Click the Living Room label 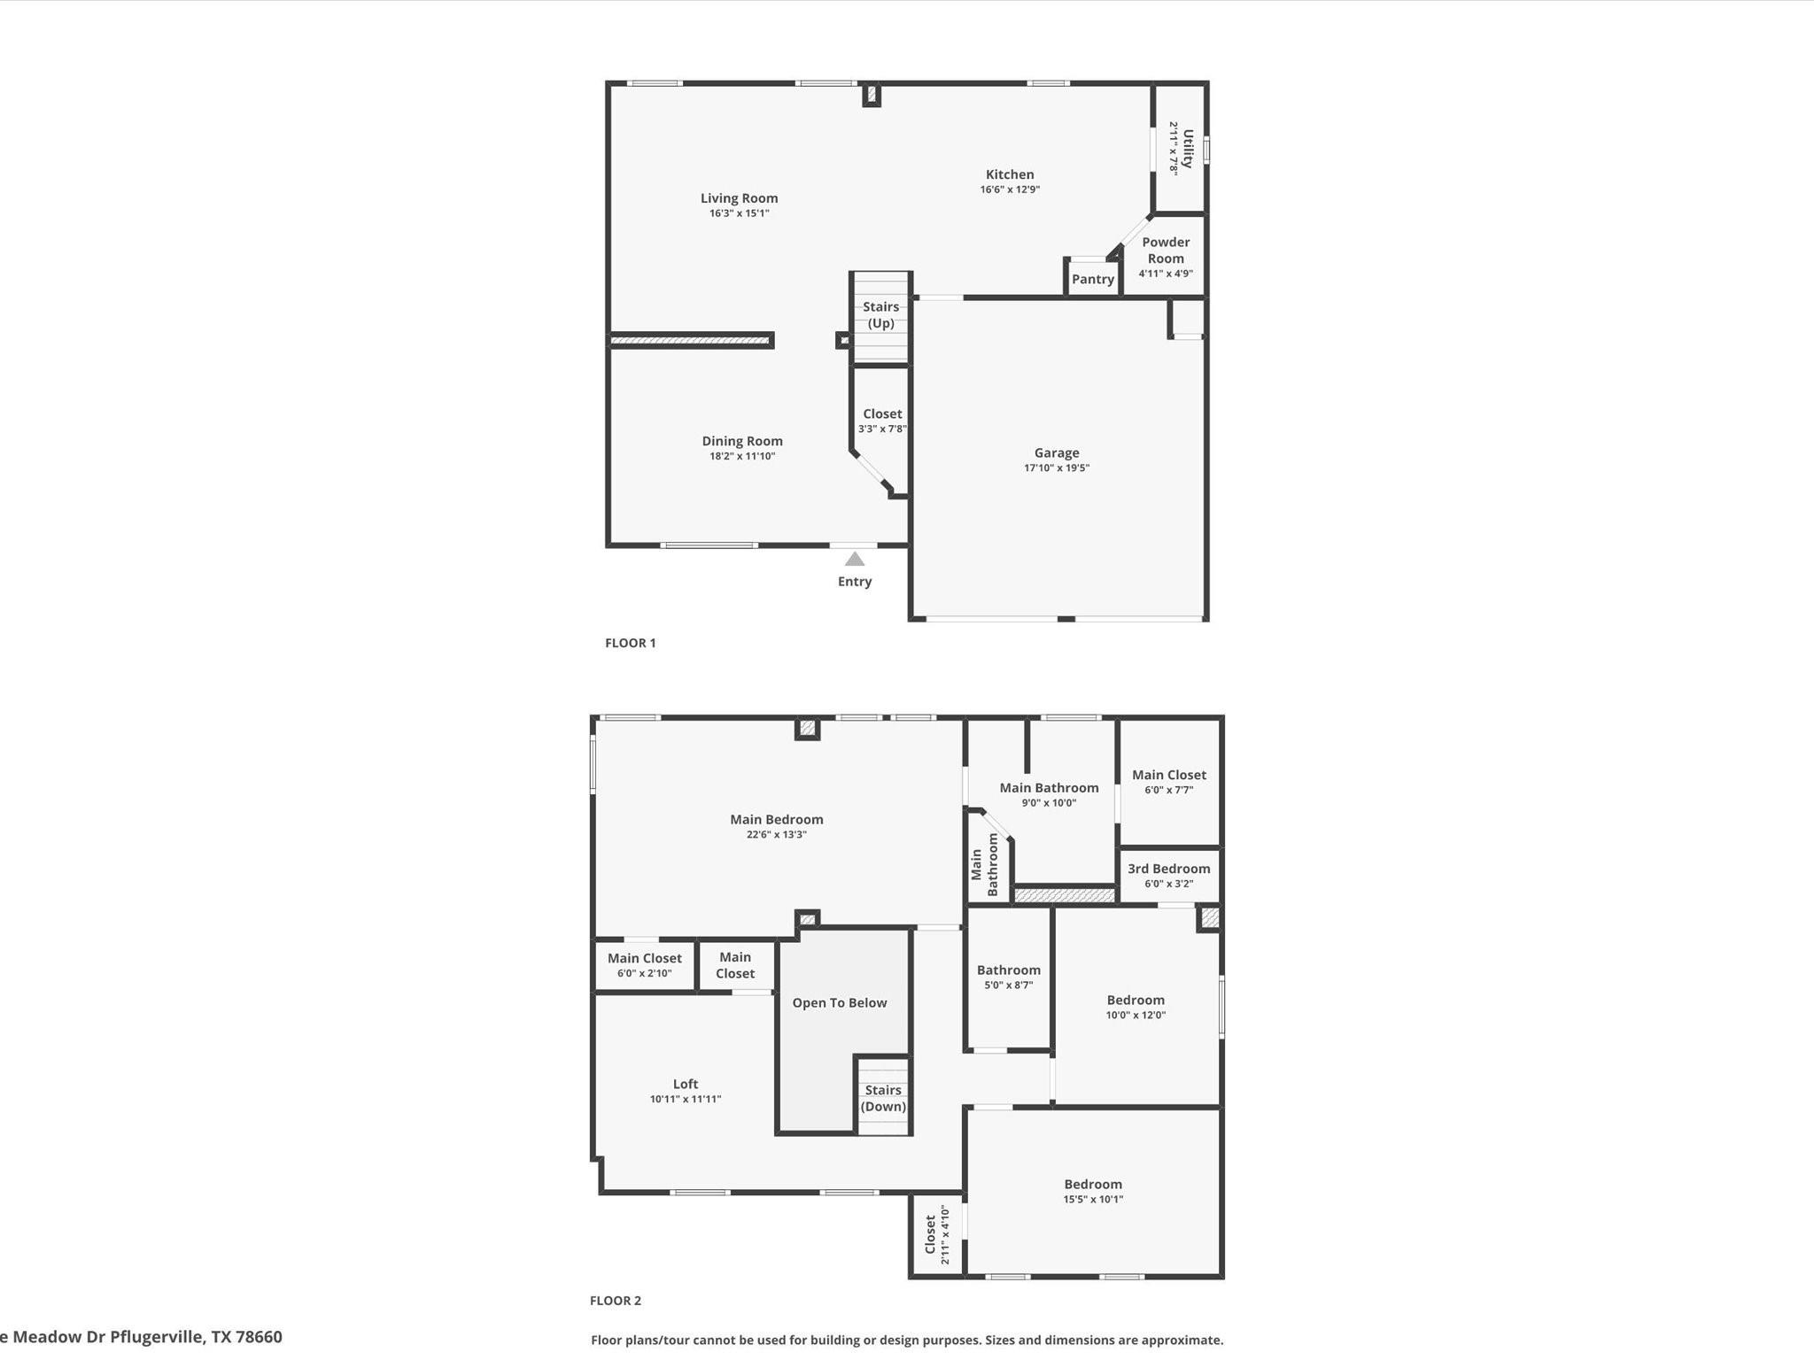[739, 198]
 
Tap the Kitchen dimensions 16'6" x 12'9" [1010, 189]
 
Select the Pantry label [1092, 279]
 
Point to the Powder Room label [1166, 250]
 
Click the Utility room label [1188, 148]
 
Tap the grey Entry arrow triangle [854, 559]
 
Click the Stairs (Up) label [880, 315]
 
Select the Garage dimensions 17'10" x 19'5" [1056, 467]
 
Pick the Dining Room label [741, 441]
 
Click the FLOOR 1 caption [630, 643]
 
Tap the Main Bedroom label [776, 820]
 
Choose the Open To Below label [839, 1002]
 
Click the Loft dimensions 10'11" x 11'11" [685, 1099]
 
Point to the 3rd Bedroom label [1168, 869]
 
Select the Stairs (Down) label [883, 1098]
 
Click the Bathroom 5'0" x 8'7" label [1008, 970]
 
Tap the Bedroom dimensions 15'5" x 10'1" [1092, 1200]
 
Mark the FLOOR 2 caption [615, 1301]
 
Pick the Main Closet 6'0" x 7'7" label [1168, 775]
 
